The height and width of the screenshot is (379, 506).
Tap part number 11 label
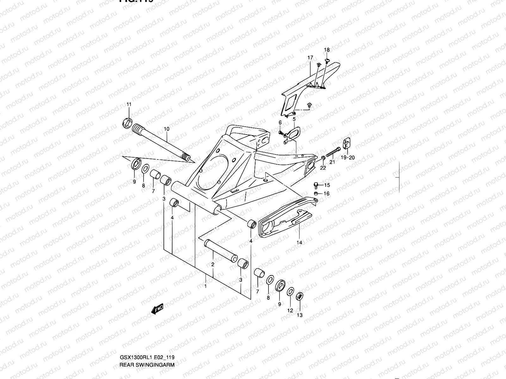(129, 105)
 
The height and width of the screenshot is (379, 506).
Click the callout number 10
(167, 129)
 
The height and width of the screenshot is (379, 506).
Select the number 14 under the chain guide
(299, 243)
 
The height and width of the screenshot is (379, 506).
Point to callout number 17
(310, 58)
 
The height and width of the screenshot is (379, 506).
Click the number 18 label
(327, 50)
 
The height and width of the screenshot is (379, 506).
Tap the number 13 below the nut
(300, 315)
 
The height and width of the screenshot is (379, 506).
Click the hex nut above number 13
(299, 297)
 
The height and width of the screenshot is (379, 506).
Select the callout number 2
(213, 265)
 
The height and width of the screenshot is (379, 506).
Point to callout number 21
(332, 162)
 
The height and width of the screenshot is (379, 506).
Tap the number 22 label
(323, 168)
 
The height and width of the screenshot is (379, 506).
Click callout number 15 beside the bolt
(327, 185)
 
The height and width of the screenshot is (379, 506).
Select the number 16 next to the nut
(327, 194)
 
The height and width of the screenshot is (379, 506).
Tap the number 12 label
(290, 310)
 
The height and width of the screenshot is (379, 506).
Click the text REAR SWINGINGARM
(147, 364)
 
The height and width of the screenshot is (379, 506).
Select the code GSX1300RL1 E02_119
(147, 358)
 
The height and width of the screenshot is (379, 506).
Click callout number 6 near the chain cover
(280, 123)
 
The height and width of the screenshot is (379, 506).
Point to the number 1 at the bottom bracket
(206, 286)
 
